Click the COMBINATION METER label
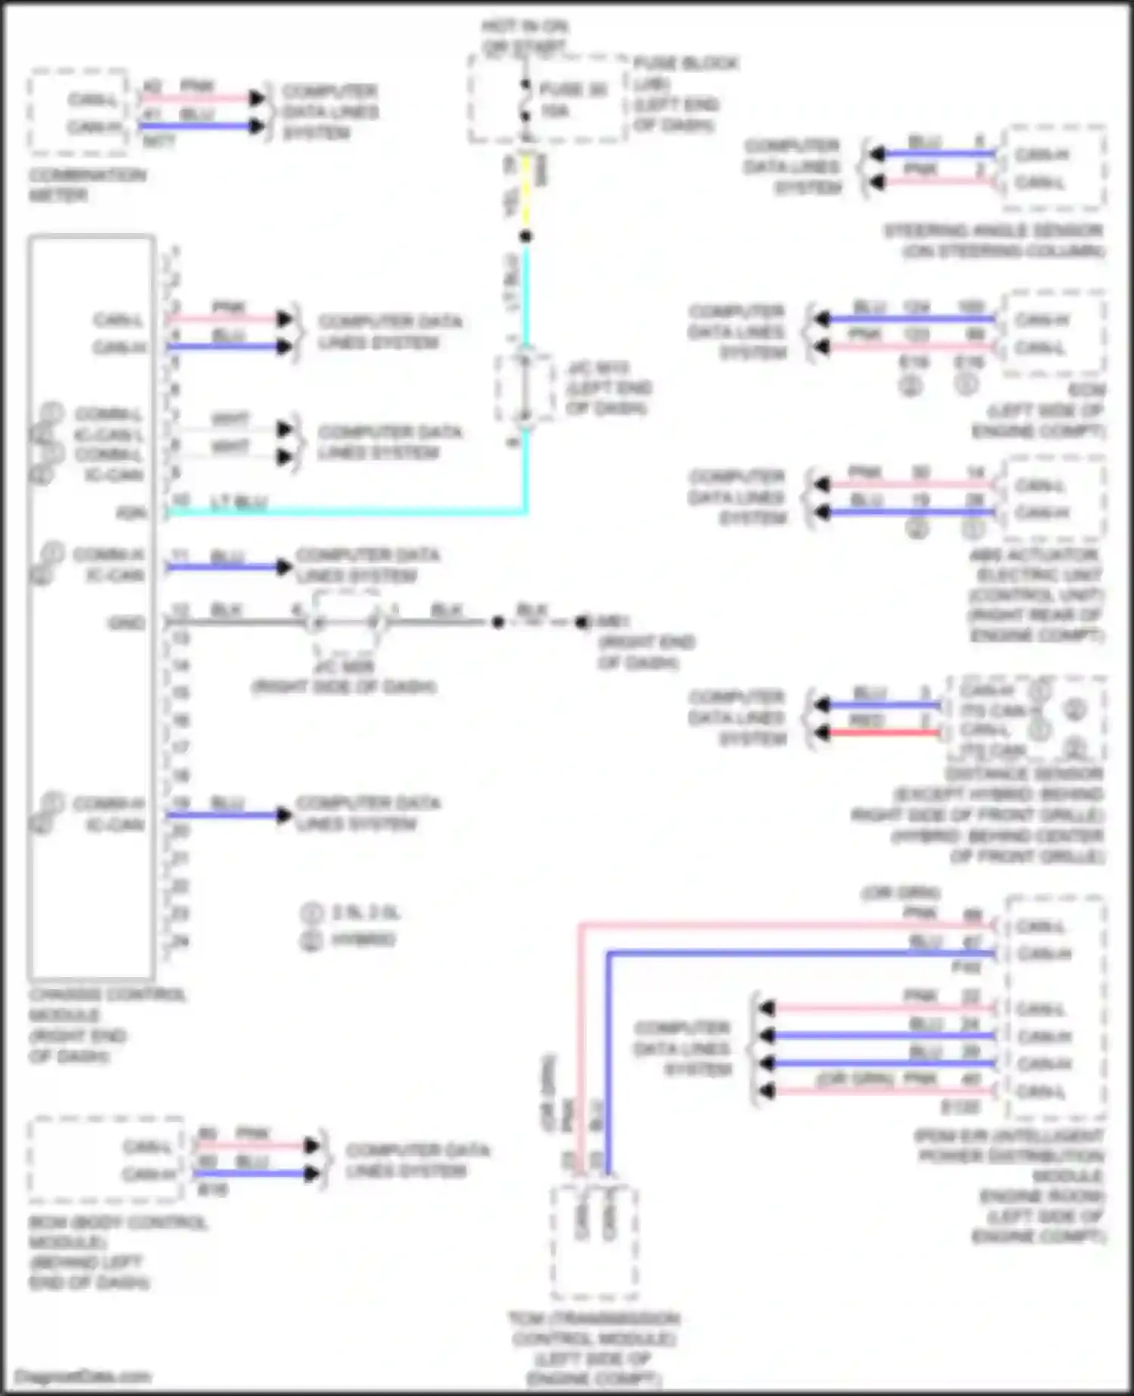click(x=87, y=185)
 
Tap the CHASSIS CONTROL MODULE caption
click(x=106, y=1025)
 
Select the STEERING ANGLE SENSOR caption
click(x=993, y=240)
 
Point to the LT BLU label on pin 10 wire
click(x=238, y=503)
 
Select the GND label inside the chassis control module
click(x=125, y=623)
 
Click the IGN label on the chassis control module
click(x=132, y=513)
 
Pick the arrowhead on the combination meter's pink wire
click(x=257, y=98)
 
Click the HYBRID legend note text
click(x=362, y=940)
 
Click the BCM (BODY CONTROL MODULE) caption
click(x=117, y=1252)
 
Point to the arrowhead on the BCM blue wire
click(x=311, y=1174)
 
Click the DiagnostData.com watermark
click(x=83, y=1376)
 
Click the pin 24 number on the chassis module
click(x=179, y=942)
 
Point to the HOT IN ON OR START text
click(x=525, y=37)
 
